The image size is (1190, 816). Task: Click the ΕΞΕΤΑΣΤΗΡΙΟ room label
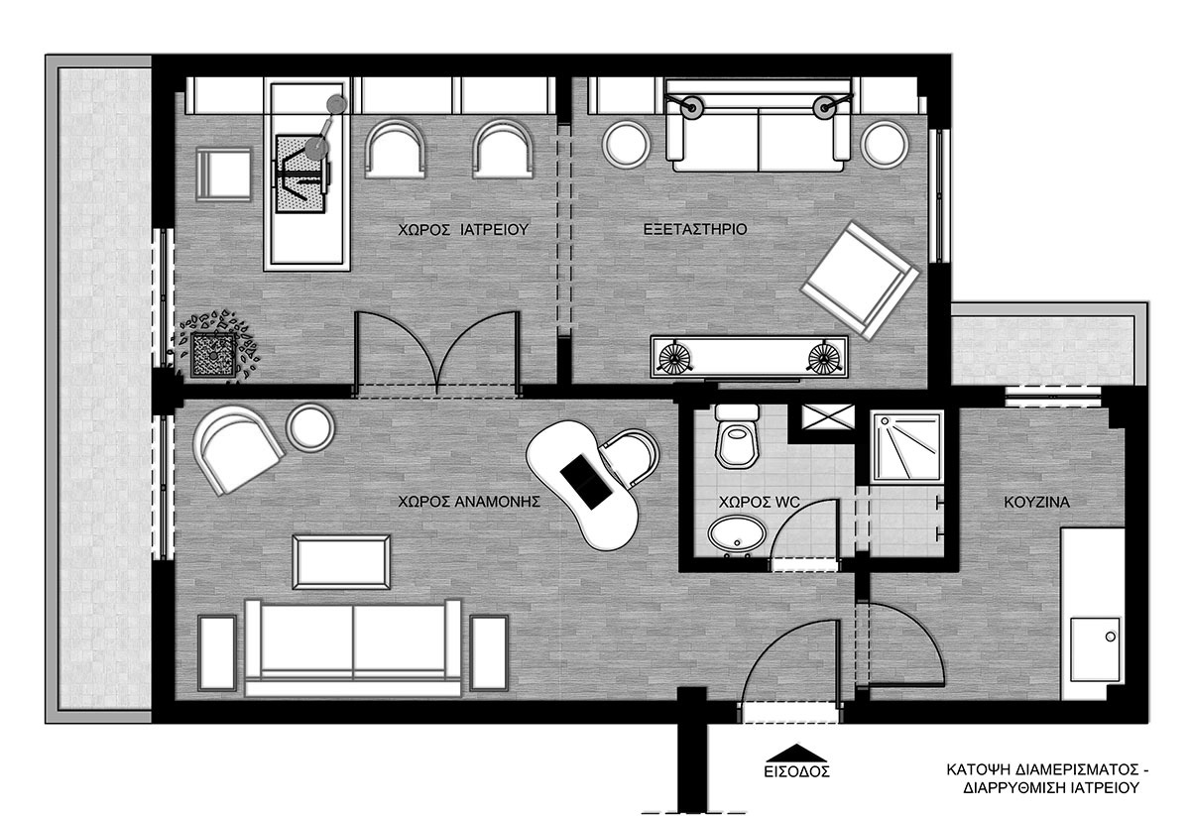pos(695,229)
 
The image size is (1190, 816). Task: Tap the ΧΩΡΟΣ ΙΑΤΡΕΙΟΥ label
pos(463,229)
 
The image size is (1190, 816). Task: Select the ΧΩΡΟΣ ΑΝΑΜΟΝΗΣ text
pos(469,502)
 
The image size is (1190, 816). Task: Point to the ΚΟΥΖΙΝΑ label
pos(1036,502)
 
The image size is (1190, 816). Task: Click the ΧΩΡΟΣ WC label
pos(760,502)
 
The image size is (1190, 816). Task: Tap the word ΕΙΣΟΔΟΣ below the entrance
pos(796,771)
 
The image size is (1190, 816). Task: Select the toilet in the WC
pos(737,435)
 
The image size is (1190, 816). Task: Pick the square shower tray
pos(907,446)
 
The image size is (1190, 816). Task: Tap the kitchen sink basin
pos(1096,649)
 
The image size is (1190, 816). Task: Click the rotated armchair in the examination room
pos(860,280)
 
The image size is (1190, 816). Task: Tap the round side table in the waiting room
pos(310,427)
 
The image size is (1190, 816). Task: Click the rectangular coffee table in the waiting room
pos(341,562)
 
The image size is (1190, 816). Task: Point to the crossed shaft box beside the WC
pos(828,416)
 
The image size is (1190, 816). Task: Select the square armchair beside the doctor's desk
pos(224,175)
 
